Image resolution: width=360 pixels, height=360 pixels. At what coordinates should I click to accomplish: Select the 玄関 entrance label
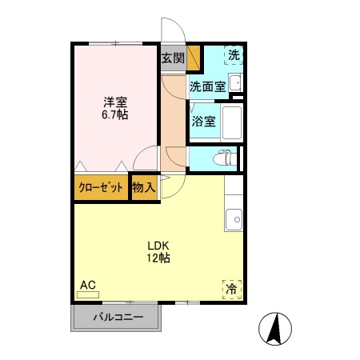coord(172,58)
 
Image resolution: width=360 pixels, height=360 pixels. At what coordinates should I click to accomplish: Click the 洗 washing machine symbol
coord(233,55)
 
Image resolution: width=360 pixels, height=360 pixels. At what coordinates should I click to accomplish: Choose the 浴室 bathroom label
coord(203,122)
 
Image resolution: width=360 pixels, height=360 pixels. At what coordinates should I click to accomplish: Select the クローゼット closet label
coord(101,188)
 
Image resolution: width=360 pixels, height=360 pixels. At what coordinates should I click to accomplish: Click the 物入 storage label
coord(143,188)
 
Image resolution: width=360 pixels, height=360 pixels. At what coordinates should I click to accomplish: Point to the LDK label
coord(157,245)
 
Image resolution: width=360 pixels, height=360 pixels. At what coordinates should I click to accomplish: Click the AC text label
coord(87,284)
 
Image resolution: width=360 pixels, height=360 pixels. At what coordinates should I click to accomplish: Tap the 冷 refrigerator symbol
coord(231,287)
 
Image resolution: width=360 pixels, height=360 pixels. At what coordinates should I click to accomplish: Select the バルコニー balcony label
coord(118,318)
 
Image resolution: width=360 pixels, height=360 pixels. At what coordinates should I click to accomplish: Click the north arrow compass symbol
coord(274,328)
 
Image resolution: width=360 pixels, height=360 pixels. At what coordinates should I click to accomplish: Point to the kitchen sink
coord(234,218)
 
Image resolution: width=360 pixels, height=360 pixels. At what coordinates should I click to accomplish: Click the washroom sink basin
coord(235,82)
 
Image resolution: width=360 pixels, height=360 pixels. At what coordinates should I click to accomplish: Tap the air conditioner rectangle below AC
coord(87,294)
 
